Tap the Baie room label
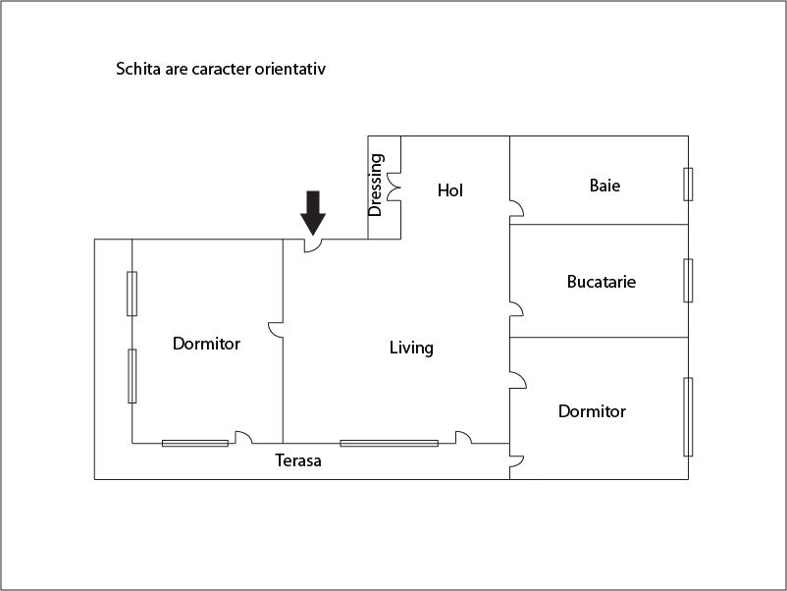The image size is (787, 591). click(x=604, y=185)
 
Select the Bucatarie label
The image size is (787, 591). click(x=601, y=282)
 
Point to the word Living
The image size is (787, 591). click(x=411, y=348)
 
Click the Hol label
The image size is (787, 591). click(x=449, y=190)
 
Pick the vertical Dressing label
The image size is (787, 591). click(x=376, y=185)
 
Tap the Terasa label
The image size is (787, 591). click(x=298, y=459)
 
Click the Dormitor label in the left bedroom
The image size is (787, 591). click(x=206, y=344)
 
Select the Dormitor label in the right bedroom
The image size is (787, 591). click(x=592, y=411)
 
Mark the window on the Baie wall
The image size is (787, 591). click(x=688, y=184)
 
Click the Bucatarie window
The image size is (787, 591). click(x=688, y=280)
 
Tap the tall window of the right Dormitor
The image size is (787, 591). click(x=688, y=416)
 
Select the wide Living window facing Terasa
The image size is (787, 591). click(x=389, y=443)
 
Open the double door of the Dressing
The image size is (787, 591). click(x=394, y=188)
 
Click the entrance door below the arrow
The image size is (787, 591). click(x=313, y=245)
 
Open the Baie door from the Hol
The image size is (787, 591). click(x=515, y=208)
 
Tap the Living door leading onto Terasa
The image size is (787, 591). click(x=464, y=438)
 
